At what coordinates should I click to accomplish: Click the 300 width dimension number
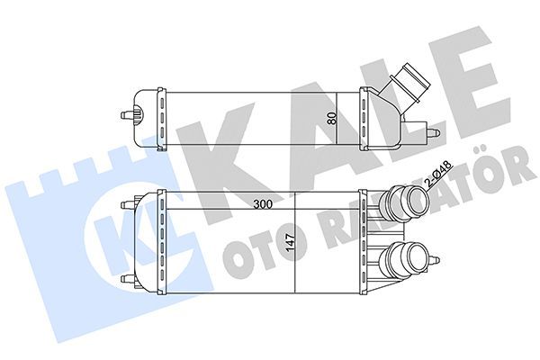pos(263,204)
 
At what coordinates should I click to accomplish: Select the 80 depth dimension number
pos(331,118)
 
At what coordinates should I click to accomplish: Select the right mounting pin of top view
pos(433,132)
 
